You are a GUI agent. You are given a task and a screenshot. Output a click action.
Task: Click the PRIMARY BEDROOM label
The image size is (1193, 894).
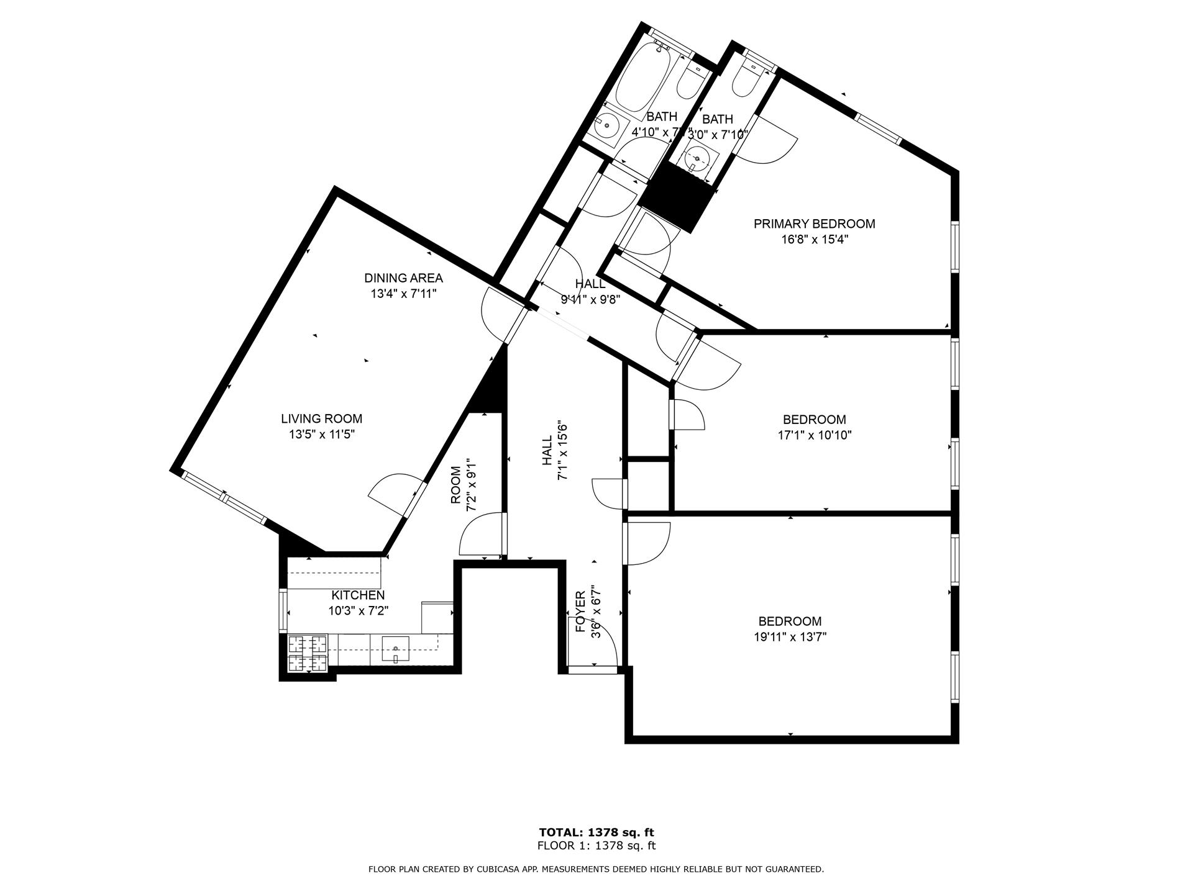(x=814, y=223)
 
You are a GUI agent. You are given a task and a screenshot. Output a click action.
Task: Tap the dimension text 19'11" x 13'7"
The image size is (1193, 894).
(x=790, y=637)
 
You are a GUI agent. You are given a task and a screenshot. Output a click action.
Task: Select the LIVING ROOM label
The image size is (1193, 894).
(x=321, y=419)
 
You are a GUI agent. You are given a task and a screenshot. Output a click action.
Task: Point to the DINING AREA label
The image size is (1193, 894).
(x=403, y=278)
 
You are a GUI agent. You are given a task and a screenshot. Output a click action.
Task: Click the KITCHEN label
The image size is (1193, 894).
(x=358, y=595)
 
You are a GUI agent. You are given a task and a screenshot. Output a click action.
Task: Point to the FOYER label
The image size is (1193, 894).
(x=580, y=612)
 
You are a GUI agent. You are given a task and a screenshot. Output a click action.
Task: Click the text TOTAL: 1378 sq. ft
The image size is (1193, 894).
(x=596, y=833)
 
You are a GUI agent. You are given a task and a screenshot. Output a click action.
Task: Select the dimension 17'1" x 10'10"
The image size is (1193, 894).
(x=814, y=435)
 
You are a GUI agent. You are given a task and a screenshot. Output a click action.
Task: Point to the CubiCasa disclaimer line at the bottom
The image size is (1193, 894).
(x=596, y=869)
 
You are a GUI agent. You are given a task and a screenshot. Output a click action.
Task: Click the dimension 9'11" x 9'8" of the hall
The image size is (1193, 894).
(x=590, y=299)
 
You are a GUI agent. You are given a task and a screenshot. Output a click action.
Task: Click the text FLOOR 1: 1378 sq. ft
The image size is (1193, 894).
(x=596, y=846)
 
